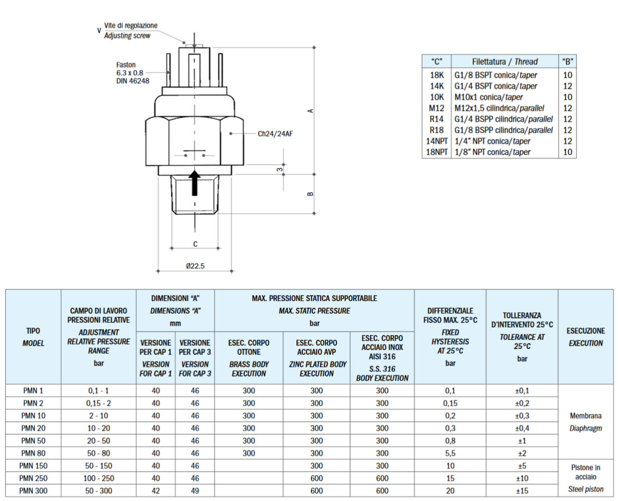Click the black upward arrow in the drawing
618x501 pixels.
pos(194,183)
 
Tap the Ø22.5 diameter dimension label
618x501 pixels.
pos(195,266)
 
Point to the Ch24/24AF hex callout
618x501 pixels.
pos(275,134)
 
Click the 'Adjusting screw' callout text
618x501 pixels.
pos(127,36)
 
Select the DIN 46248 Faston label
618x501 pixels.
pos(132,81)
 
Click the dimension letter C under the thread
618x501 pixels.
pos(195,244)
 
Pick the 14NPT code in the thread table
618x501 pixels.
pos(436,141)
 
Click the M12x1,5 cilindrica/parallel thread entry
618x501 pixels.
pos(499,108)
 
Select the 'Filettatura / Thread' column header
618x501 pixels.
pos(505,62)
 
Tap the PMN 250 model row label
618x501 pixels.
pos(33,478)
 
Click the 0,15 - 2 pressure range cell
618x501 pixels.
pos(98,403)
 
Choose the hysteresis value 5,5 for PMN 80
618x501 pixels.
pos(450,453)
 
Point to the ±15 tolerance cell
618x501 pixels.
pos(522,491)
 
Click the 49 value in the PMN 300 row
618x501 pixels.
pos(195,491)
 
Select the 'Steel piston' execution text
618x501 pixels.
pos(585,489)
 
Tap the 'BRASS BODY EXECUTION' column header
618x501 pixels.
pos(248,369)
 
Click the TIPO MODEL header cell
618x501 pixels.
pos(33,337)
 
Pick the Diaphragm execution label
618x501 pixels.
pos(585,428)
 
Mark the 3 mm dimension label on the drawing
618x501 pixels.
pos(280,169)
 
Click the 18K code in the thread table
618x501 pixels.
pos(437,75)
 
